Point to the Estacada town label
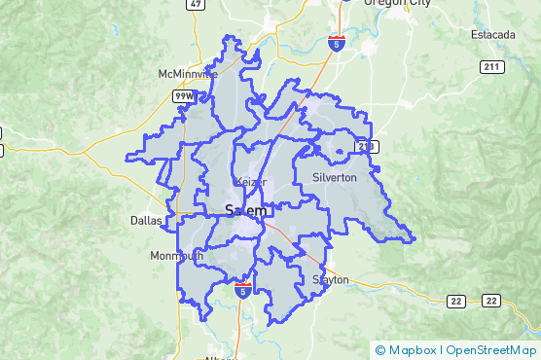pos(494,35)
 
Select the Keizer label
pos(248,182)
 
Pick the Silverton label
pos(335,177)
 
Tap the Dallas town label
pos(146,221)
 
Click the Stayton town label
pos(331,279)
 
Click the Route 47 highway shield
pos(197,4)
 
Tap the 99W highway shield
pos(184,96)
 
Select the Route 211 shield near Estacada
pos(490,66)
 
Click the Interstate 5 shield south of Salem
pos(243,289)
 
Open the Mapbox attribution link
pos(411,349)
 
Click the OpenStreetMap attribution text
pos(490,349)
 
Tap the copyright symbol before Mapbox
pos(379,349)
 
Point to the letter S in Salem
pos(230,210)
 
